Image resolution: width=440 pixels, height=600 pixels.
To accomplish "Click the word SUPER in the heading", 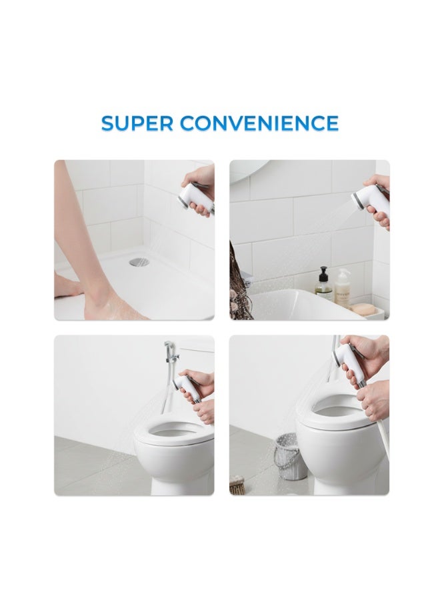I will pyautogui.click(x=137, y=123).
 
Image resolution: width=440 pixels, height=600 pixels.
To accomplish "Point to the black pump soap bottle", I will pyautogui.click(x=323, y=283).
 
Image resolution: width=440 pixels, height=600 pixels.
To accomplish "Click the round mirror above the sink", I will pyautogui.click(x=250, y=170).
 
